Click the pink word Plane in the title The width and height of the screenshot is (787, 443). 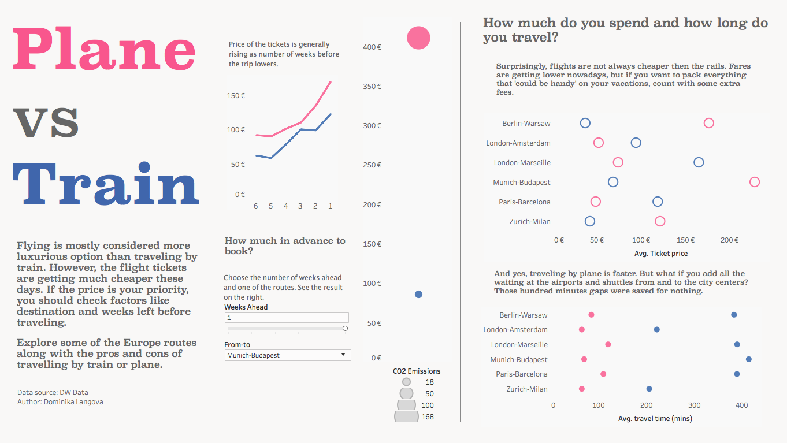104,51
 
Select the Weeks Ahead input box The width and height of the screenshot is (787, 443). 286,318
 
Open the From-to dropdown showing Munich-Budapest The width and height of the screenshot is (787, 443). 287,355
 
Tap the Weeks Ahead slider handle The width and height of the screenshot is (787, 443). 345,329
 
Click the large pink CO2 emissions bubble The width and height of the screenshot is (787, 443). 419,38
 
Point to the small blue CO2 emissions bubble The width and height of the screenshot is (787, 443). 418,295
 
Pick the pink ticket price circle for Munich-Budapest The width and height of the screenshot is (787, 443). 754,182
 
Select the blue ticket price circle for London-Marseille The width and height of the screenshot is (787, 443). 699,162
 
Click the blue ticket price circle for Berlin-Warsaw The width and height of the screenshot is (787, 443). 585,123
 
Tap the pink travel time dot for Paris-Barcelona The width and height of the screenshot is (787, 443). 603,374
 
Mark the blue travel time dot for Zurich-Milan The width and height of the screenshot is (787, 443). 649,389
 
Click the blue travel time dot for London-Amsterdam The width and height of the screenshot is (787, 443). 657,330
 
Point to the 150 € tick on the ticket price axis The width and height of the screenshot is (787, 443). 686,240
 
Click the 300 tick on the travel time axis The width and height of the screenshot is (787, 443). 695,405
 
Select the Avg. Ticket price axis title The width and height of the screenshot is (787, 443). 660,253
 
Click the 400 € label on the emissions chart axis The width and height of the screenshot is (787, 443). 372,47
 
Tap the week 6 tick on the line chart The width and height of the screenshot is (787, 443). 255,206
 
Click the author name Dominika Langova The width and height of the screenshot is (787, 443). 73,402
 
